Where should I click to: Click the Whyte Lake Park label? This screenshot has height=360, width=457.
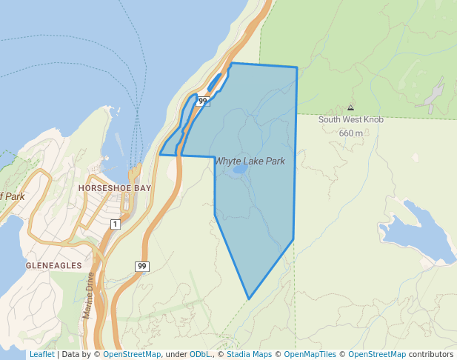coord(250,161)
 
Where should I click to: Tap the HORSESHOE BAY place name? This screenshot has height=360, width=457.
coord(114,188)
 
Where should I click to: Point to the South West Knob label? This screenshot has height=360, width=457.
coord(350,119)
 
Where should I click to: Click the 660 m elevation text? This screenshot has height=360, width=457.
coord(351,133)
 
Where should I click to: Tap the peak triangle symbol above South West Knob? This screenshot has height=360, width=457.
coord(350,107)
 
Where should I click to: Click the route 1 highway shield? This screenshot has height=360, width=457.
coord(115,224)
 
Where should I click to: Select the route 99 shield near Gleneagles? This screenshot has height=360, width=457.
coord(142,266)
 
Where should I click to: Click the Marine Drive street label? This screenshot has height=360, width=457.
coord(90,295)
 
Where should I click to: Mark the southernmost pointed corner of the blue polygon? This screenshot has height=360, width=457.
coord(249,299)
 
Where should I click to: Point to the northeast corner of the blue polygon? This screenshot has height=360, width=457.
coord(297,68)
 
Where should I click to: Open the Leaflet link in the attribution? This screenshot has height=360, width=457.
coord(41,354)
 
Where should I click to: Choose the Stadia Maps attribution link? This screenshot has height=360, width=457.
coord(248,354)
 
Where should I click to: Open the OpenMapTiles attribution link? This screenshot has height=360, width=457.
coord(309,354)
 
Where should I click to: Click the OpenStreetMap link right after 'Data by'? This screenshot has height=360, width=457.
coord(131,354)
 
